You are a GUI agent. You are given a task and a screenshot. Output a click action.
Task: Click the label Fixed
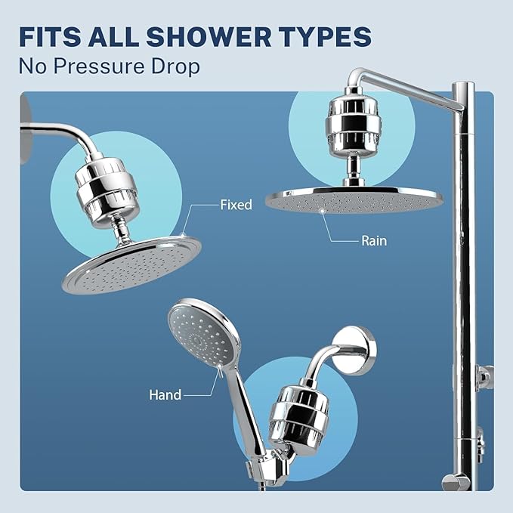236,205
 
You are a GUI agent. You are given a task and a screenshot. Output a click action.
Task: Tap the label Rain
373,241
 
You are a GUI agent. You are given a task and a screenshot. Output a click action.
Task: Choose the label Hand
165,394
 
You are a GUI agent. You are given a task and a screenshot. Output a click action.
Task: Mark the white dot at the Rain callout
325,212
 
